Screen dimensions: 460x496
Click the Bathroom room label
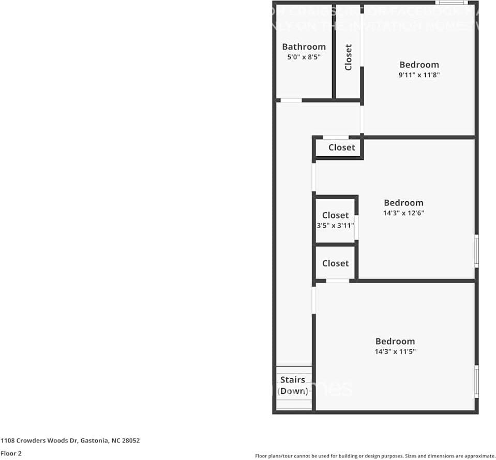(x=304, y=47)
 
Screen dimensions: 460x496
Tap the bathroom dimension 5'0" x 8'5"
(x=304, y=57)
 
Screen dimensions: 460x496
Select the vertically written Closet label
(x=348, y=57)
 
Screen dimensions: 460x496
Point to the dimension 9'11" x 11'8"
(x=419, y=75)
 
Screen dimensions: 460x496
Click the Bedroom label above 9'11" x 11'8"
(x=419, y=65)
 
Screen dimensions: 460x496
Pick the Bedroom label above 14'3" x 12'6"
(x=403, y=203)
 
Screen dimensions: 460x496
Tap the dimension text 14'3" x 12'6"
(x=403, y=213)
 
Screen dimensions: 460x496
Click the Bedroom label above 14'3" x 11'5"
(x=395, y=341)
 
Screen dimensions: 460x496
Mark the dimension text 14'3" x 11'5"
(x=395, y=351)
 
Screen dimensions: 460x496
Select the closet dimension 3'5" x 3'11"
(x=335, y=226)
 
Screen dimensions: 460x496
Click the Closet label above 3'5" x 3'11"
(x=335, y=215)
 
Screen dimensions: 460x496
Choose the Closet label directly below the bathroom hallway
(x=341, y=147)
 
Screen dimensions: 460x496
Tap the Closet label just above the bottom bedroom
(x=335, y=263)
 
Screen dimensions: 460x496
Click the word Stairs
(x=293, y=380)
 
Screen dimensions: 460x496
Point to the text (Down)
(x=293, y=391)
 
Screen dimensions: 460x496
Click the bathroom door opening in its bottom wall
(x=291, y=100)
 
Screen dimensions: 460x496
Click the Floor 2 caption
(x=11, y=453)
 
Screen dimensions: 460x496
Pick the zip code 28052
(x=130, y=441)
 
